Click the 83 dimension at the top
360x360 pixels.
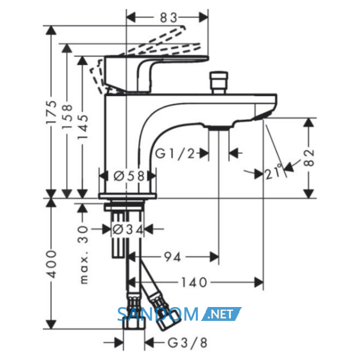coord(169,17)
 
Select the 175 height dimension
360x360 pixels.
coord(51,112)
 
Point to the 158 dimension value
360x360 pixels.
coord(67,116)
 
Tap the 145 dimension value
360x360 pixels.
coord(83,127)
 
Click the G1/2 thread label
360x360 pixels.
coord(175,153)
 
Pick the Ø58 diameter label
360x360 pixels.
coord(129,176)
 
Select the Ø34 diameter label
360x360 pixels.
coord(128,229)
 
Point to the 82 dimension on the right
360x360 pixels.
coord(309,157)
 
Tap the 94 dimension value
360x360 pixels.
coord(172,257)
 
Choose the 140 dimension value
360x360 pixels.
coord(194,282)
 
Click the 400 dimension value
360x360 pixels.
coord(51,264)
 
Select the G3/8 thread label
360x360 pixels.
coord(188,343)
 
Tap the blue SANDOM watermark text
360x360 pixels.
coord(158,314)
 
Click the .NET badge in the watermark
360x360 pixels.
coord(221,314)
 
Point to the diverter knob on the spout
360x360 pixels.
coord(219,83)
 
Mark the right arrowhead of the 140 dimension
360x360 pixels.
coord(259,282)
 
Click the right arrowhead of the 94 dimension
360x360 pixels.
coord(214,257)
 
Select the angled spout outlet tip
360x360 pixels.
coord(262,116)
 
